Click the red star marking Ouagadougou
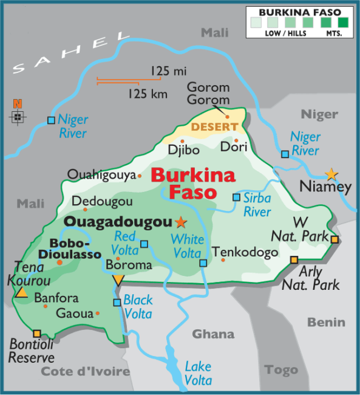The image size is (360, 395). point(180,222)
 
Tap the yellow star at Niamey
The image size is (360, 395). point(331,174)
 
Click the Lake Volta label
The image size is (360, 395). point(198,373)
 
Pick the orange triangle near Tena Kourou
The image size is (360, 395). point(22,293)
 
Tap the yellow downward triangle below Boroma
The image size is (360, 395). point(118,280)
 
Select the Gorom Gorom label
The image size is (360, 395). point(208,94)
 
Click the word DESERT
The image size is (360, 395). point(214,127)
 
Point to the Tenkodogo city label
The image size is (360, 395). point(245,252)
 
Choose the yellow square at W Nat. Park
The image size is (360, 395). point(335,239)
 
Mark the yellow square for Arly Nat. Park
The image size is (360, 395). point(294,260)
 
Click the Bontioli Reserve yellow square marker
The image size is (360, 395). point(37,334)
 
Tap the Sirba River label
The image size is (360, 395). point(257,205)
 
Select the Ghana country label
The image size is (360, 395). point(213,334)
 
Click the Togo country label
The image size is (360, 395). point(281,369)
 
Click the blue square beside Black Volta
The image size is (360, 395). point(117,302)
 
